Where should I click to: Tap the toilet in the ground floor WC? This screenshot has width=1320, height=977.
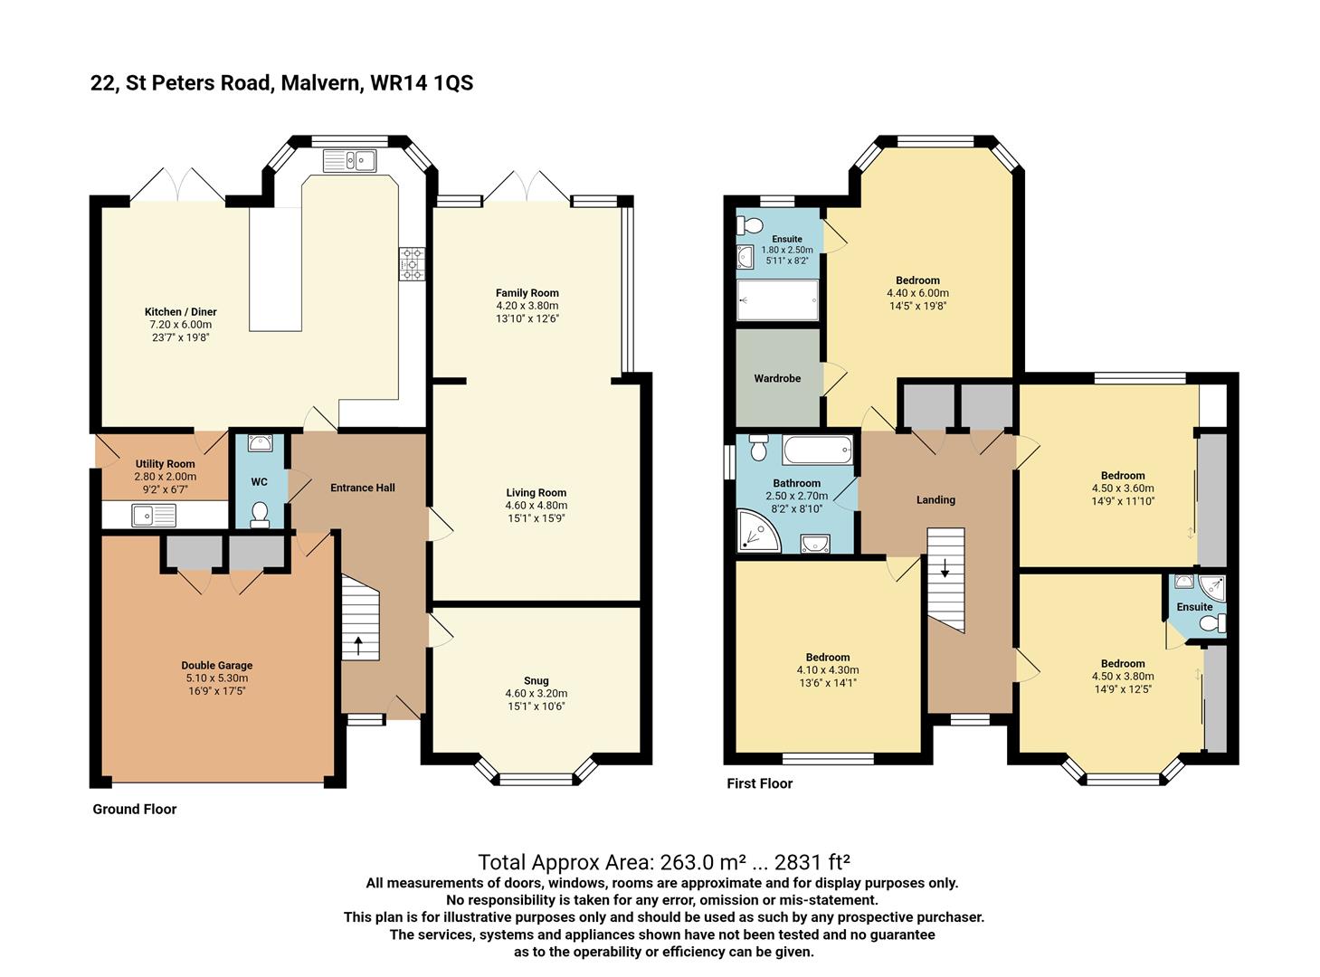[260, 513]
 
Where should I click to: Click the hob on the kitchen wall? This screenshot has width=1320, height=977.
[413, 263]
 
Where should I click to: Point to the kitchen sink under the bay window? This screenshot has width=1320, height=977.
[350, 161]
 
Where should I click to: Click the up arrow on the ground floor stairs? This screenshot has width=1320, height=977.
[358, 645]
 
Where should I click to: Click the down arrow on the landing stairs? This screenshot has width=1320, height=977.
[945, 569]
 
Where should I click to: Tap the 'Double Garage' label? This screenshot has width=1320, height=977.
[216, 665]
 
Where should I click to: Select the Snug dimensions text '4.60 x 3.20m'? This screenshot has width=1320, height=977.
[536, 694]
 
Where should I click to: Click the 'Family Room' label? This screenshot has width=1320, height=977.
[527, 292]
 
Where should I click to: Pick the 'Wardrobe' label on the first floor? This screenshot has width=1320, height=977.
[777, 378]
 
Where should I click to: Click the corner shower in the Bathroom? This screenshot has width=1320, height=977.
[755, 531]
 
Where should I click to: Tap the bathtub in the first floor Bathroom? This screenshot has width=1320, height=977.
[817, 449]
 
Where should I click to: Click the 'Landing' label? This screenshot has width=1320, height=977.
[935, 499]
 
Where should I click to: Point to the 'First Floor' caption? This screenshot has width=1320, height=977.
[759, 783]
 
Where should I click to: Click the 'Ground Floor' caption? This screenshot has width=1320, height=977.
[134, 809]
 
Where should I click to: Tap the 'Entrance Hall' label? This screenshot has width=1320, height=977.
[362, 488]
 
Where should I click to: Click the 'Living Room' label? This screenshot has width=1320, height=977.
[536, 493]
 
